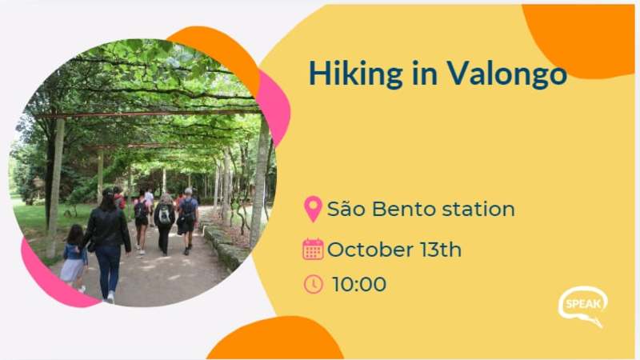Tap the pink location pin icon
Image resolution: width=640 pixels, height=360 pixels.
pos(313,209)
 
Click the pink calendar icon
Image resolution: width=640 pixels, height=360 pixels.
pos(313,249)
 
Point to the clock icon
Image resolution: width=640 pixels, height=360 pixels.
pos(313,284)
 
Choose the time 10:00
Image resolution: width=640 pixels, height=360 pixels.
pos(359,284)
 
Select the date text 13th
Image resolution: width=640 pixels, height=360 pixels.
pos(442,250)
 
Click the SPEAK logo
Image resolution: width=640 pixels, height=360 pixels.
pos(582,306)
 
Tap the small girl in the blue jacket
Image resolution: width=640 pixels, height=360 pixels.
pos(74,257)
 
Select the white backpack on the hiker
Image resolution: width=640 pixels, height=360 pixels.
pos(165,215)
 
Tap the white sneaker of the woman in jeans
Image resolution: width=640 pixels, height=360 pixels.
pos(110,297)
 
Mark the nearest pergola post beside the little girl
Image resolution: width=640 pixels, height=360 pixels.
pos(55,188)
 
